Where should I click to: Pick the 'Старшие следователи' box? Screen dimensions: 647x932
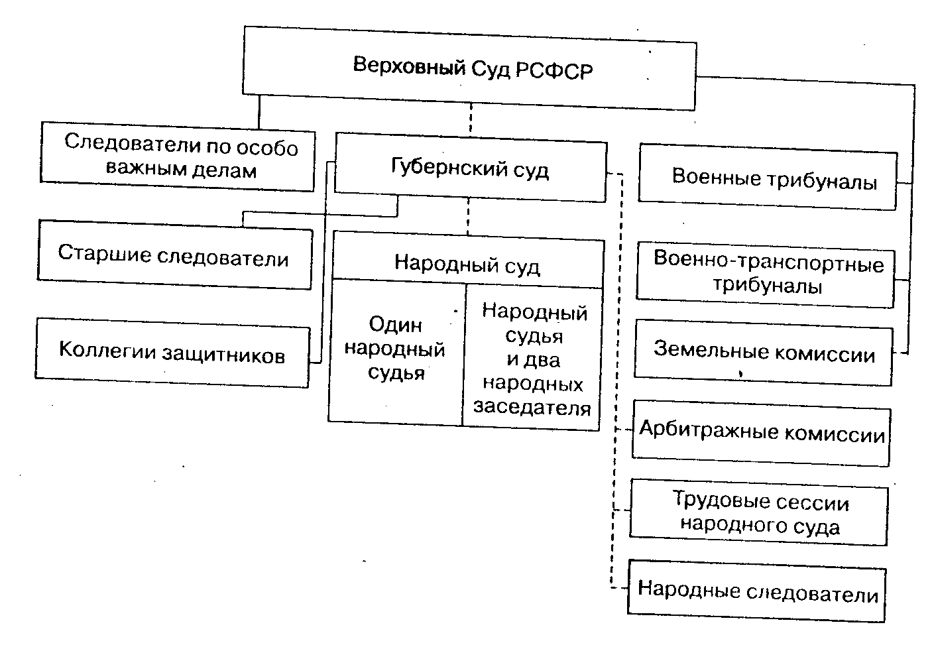pos(174,255)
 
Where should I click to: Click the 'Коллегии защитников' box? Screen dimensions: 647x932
pos(172,353)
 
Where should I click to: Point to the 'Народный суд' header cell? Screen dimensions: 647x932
pos(467,265)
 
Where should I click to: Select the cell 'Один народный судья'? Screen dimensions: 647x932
pos(396,349)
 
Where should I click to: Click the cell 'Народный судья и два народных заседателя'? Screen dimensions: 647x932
pos(533,359)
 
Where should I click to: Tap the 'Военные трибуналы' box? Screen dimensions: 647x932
pos(768,179)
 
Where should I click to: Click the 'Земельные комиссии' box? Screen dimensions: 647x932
pos(763,351)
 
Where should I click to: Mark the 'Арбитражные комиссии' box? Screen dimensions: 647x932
pos(761,434)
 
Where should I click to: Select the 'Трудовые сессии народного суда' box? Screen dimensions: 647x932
pos(759,514)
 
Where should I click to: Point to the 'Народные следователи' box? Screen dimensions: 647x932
pos(757,591)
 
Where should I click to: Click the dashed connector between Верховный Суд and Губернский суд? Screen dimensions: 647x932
pos(470,119)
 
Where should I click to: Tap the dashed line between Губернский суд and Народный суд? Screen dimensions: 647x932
pos(468,216)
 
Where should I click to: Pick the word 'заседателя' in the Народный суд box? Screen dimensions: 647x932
pos(532,407)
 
